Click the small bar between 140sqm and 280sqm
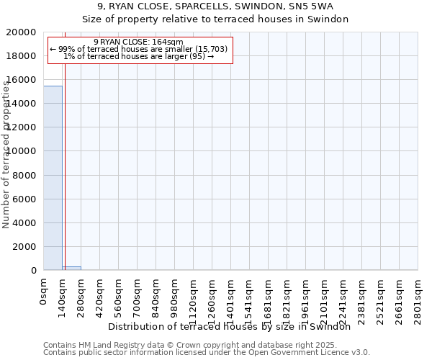(x=71, y=268)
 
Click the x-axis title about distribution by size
(x=233, y=326)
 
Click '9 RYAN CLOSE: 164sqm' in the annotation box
(x=138, y=42)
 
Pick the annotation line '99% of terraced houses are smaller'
(x=138, y=50)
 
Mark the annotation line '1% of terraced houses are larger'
(x=138, y=57)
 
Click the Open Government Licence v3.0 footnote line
(x=207, y=353)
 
